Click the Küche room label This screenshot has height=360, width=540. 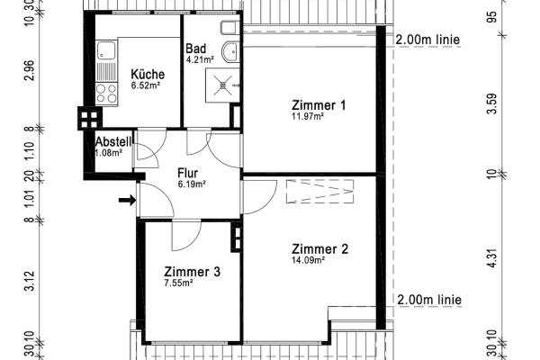click(146, 74)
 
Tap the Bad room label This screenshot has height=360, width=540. click(195, 49)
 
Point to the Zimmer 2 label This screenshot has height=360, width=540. click(319, 249)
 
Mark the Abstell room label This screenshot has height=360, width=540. click(114, 141)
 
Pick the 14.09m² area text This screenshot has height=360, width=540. click(307, 262)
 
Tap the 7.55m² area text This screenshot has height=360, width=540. click(180, 283)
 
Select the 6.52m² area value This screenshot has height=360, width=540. click(145, 85)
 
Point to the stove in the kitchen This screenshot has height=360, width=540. click(104, 92)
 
